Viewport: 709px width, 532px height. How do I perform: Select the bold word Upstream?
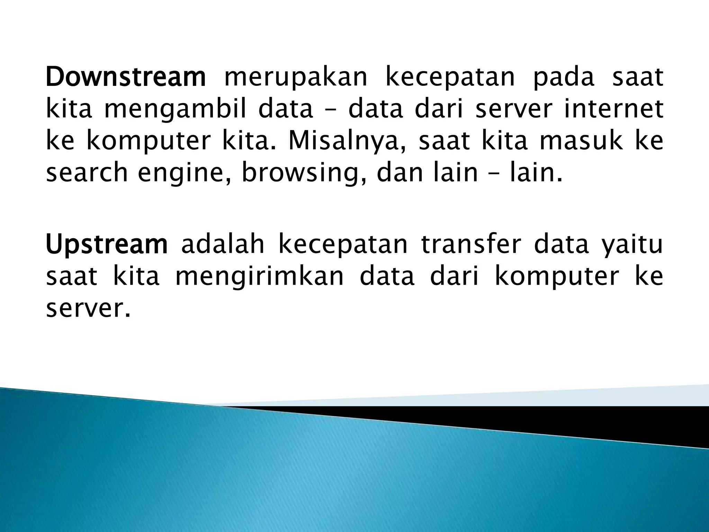[107, 245]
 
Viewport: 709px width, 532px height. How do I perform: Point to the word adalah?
[223, 244]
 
